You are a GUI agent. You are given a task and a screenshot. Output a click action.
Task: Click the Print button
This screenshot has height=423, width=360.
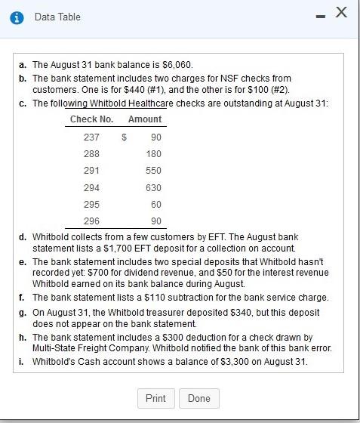pos(155,398)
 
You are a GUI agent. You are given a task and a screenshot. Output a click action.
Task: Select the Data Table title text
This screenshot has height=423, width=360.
pos(57,17)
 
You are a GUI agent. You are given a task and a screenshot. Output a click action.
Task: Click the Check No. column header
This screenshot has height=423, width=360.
pos(91,119)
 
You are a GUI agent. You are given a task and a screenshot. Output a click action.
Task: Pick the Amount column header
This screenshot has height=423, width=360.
pos(145,119)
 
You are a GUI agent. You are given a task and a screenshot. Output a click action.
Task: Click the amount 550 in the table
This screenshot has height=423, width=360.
pos(153,171)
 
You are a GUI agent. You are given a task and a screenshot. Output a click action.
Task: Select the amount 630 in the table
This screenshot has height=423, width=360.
pos(153,187)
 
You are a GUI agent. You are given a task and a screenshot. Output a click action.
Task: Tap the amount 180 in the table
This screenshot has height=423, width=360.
pos(153,154)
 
